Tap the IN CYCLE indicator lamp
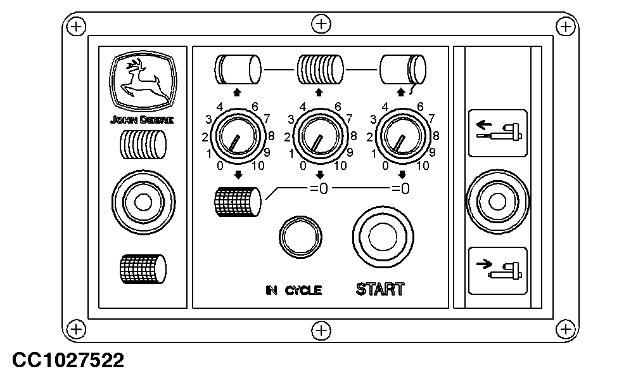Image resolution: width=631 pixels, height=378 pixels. coord(300,237)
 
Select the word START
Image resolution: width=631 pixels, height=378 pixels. coord(380,290)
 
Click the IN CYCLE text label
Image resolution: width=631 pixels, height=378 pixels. coord(293,290)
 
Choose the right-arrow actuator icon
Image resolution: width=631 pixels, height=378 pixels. coord(497,270)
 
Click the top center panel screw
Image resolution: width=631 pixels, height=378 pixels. coord(322,25)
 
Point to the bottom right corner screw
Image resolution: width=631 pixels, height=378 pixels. coord(563,328)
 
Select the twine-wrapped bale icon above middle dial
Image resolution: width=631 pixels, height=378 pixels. coord(320,68)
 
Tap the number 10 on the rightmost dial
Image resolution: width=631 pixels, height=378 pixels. coord(423,166)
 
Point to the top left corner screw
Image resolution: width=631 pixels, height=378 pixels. coord(76,26)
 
